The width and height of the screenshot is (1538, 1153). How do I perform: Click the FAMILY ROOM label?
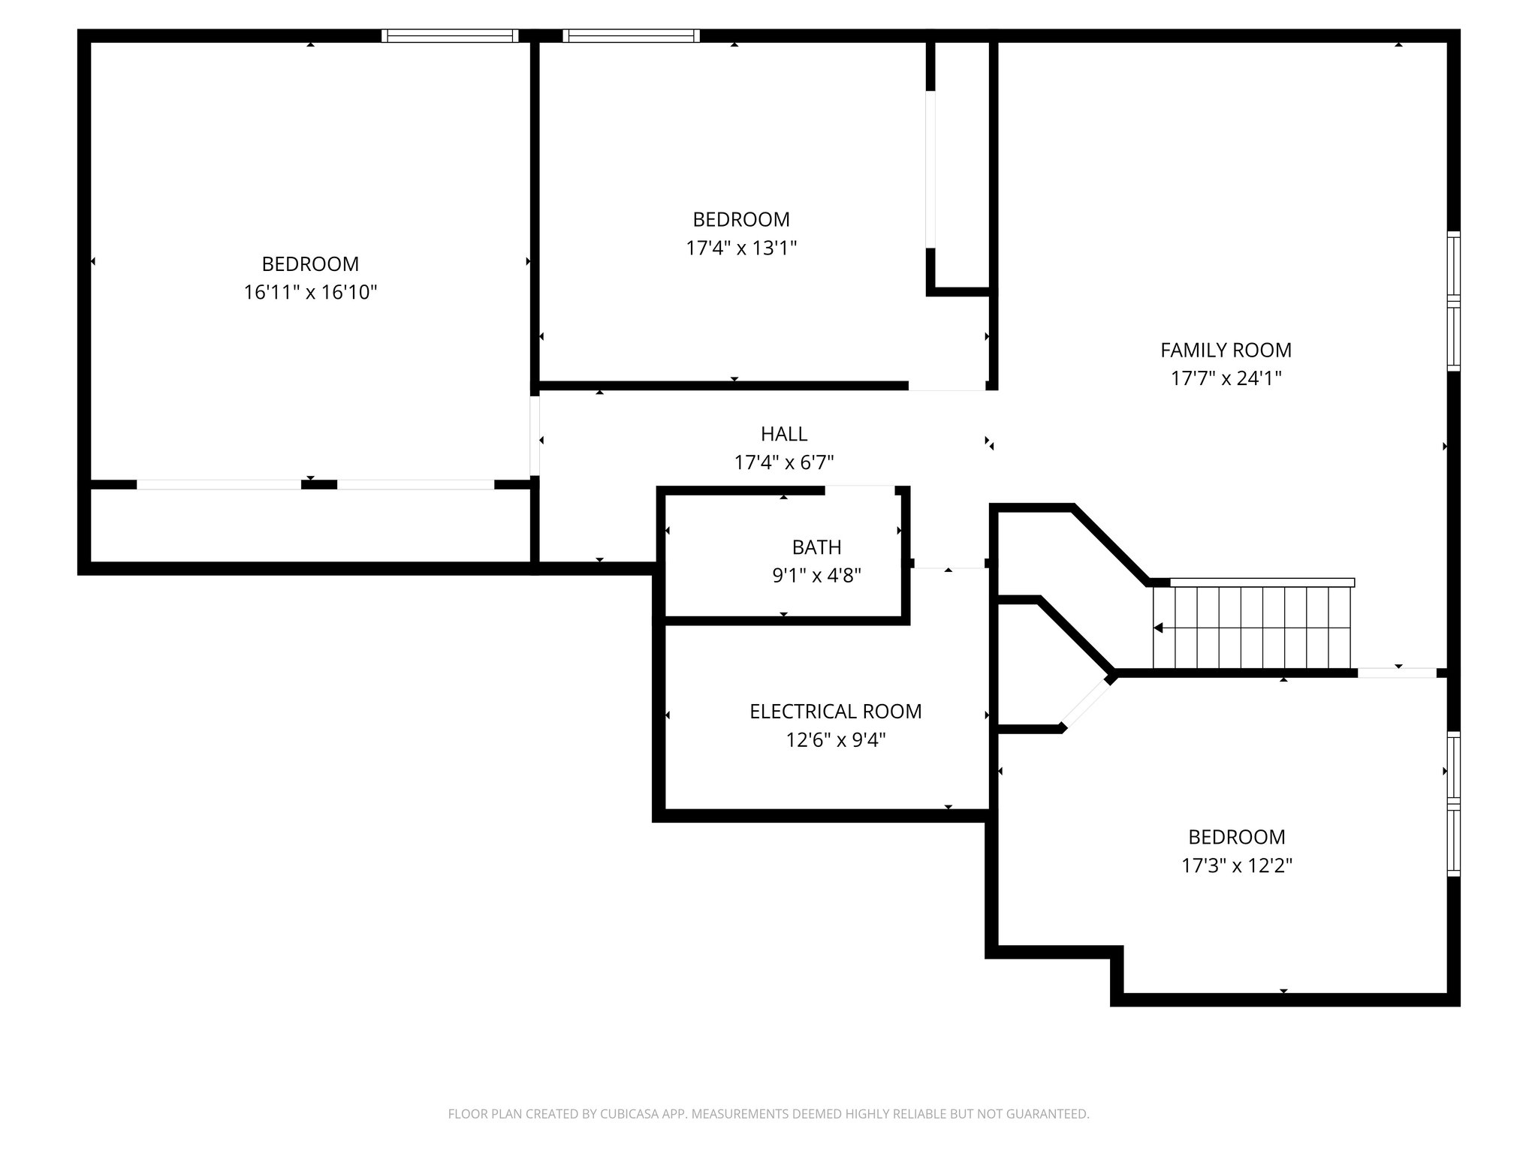coord(1226,350)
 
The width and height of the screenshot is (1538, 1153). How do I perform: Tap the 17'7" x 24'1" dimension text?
coord(1226,378)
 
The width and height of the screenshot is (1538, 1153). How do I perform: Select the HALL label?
coord(784,434)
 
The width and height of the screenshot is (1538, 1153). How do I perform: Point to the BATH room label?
coord(816,547)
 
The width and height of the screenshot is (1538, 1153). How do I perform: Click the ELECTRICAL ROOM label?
coord(835,712)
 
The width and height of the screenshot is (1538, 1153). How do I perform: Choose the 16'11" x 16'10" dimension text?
coord(310,292)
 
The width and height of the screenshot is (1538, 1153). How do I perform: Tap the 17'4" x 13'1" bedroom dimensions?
coord(740,248)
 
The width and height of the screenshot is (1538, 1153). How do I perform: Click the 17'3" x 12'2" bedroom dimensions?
coord(1236,866)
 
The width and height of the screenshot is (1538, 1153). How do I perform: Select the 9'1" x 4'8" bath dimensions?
coord(816,576)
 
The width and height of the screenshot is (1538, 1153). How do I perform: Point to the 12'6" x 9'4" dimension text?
coord(835,740)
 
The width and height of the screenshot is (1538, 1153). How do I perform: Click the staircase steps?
coord(1253,628)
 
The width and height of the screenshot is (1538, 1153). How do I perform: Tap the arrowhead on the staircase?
coord(1159,628)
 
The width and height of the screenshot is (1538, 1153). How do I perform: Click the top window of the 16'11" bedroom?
coord(450,35)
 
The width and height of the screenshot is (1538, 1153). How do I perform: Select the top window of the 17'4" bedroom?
coord(631,35)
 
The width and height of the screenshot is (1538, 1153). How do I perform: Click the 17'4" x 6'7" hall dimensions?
coord(784,462)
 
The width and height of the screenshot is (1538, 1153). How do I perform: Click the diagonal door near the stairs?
coord(1087,703)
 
